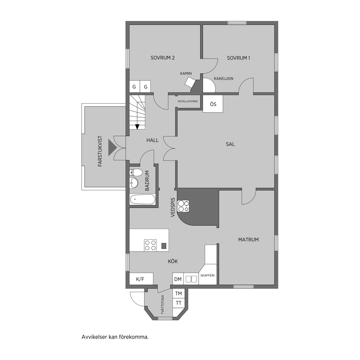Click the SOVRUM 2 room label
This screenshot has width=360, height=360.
click(x=162, y=58)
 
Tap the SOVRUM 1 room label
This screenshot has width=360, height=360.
click(x=238, y=58)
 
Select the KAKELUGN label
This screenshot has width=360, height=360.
click(x=223, y=78)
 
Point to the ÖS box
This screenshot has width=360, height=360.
click(x=213, y=104)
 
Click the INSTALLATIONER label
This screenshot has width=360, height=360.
click(x=188, y=101)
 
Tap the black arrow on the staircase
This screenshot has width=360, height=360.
click(x=137, y=127)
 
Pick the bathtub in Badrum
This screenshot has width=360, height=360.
click(x=143, y=199)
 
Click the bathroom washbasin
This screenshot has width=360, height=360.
click(x=134, y=183)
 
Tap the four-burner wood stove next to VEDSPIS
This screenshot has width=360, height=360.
click(x=184, y=206)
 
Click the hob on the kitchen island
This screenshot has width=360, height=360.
click(x=150, y=245)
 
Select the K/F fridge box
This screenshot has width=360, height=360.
click(x=141, y=279)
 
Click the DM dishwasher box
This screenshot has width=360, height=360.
click(x=178, y=279)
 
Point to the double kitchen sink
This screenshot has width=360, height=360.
click(x=191, y=279)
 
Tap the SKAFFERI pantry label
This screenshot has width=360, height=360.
click(x=207, y=275)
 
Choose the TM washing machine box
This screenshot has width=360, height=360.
click(x=178, y=294)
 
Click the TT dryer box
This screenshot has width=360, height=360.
click(x=178, y=303)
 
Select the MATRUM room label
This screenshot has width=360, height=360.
click(x=249, y=240)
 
